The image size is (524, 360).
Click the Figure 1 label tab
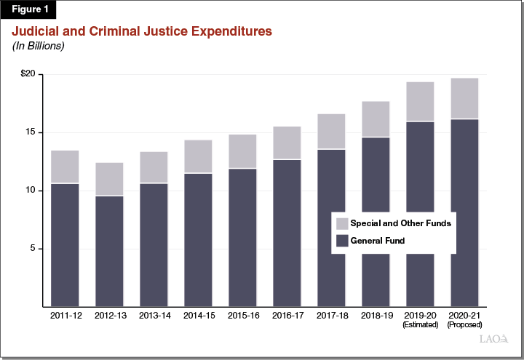tap(28, 10)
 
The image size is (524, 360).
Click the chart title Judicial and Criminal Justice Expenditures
tap(141, 32)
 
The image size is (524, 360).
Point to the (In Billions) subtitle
tap(37, 47)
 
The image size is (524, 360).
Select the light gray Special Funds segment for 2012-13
tap(109, 179)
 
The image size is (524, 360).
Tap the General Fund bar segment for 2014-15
tap(198, 240)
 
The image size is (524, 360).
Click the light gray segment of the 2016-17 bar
tap(287, 143)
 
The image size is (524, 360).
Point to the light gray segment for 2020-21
tap(464, 98)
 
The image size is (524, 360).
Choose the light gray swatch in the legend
tap(341, 224)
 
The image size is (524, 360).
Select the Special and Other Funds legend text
tap(400, 223)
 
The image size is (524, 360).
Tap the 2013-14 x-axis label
tap(154, 316)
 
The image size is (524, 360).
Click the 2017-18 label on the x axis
tap(331, 316)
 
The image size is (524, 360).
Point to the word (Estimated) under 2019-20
tap(420, 325)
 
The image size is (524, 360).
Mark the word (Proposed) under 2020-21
tap(464, 325)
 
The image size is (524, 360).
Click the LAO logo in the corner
tap(493, 339)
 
